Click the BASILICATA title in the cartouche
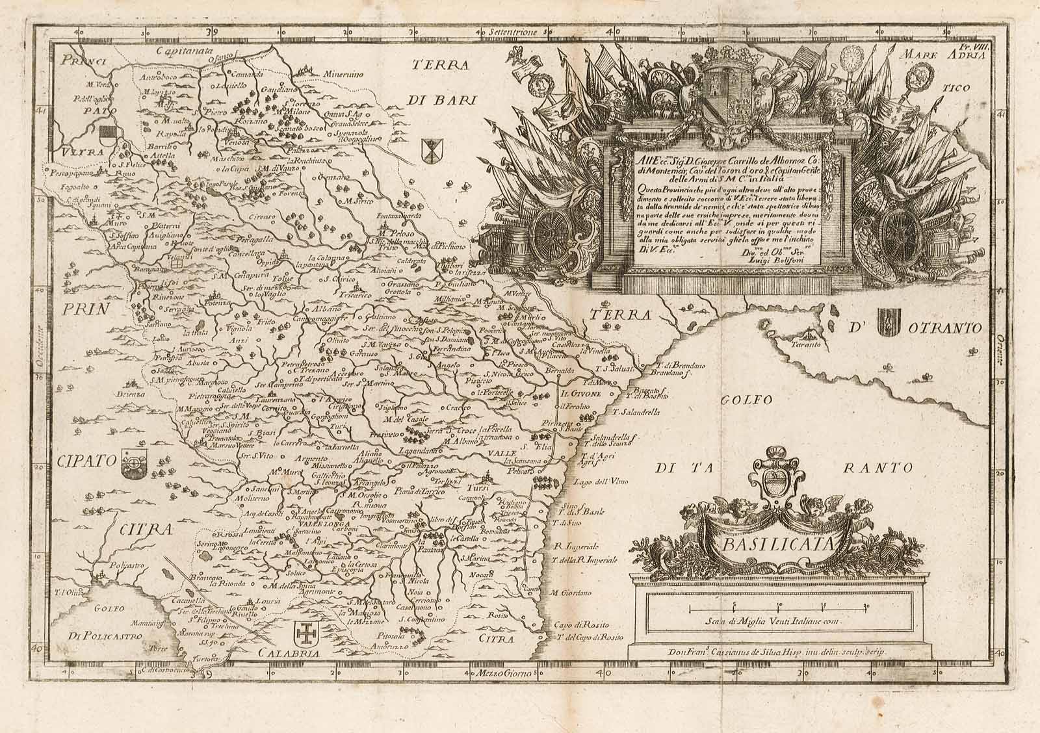click(x=773, y=545)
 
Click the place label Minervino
click(x=343, y=73)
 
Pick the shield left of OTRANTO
click(x=886, y=321)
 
